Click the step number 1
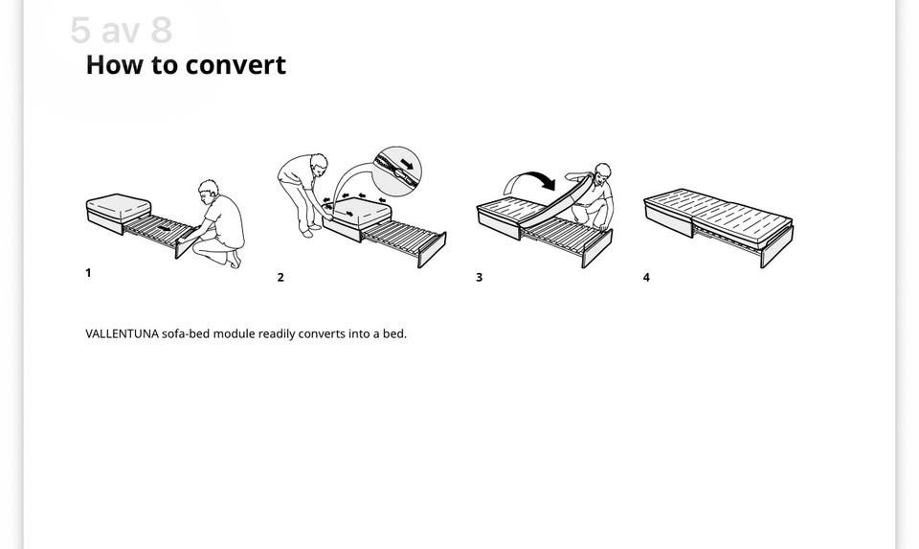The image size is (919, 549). pyautogui.click(x=88, y=273)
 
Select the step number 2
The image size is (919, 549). pyautogui.click(x=280, y=278)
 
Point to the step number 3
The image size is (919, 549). pyautogui.click(x=480, y=278)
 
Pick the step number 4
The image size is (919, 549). pyautogui.click(x=646, y=278)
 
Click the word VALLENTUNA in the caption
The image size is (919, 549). pyautogui.click(x=122, y=333)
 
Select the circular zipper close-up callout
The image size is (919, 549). pyautogui.click(x=397, y=171)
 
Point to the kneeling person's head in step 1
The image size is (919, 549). pyautogui.click(x=208, y=190)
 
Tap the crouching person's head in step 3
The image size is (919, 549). pyautogui.click(x=602, y=172)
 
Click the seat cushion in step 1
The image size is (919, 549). pyautogui.click(x=119, y=208)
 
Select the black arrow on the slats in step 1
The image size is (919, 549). pyautogui.click(x=164, y=228)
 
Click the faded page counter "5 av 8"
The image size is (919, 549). pyautogui.click(x=122, y=30)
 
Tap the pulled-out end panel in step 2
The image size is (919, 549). pyautogui.click(x=432, y=250)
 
